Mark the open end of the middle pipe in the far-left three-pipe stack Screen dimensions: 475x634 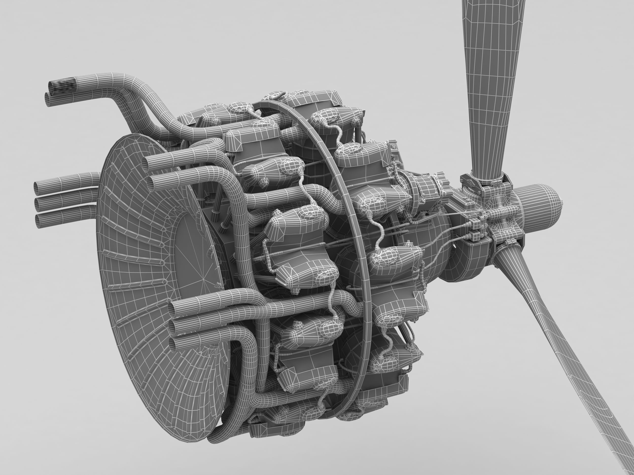pyautogui.click(x=37, y=204)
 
